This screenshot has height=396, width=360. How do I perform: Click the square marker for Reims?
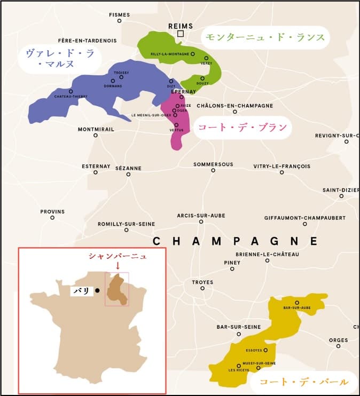click(x=181, y=34)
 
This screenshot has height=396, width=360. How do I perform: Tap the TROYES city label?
click(x=202, y=282)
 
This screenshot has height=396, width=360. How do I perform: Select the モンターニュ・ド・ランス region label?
click(x=265, y=37)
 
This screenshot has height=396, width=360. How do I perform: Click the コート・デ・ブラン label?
click(x=242, y=128)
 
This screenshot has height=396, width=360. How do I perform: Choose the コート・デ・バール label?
click(x=303, y=382)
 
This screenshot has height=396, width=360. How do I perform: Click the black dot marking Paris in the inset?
click(x=98, y=291)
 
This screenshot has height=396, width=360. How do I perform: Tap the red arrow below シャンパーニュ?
click(x=118, y=265)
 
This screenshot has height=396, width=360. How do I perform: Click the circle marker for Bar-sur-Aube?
click(x=297, y=303)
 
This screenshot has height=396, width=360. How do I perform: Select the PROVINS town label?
click(x=52, y=211)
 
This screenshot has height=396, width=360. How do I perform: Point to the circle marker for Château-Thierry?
click(x=71, y=91)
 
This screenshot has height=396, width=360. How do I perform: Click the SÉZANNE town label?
click(x=128, y=168)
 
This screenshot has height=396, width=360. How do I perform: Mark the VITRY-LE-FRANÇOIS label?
click(x=281, y=166)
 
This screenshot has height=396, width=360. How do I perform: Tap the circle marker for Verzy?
click(x=206, y=58)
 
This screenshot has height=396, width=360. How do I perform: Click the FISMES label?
click(x=119, y=14)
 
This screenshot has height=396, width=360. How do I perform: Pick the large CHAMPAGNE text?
click(x=235, y=241)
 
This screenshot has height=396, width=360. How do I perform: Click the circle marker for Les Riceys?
click(x=239, y=366)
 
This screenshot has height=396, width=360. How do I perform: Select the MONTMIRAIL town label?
click(x=96, y=129)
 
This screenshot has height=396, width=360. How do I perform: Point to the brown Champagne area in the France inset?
click(x=117, y=289)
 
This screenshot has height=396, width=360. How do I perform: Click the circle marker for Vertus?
click(x=176, y=124)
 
